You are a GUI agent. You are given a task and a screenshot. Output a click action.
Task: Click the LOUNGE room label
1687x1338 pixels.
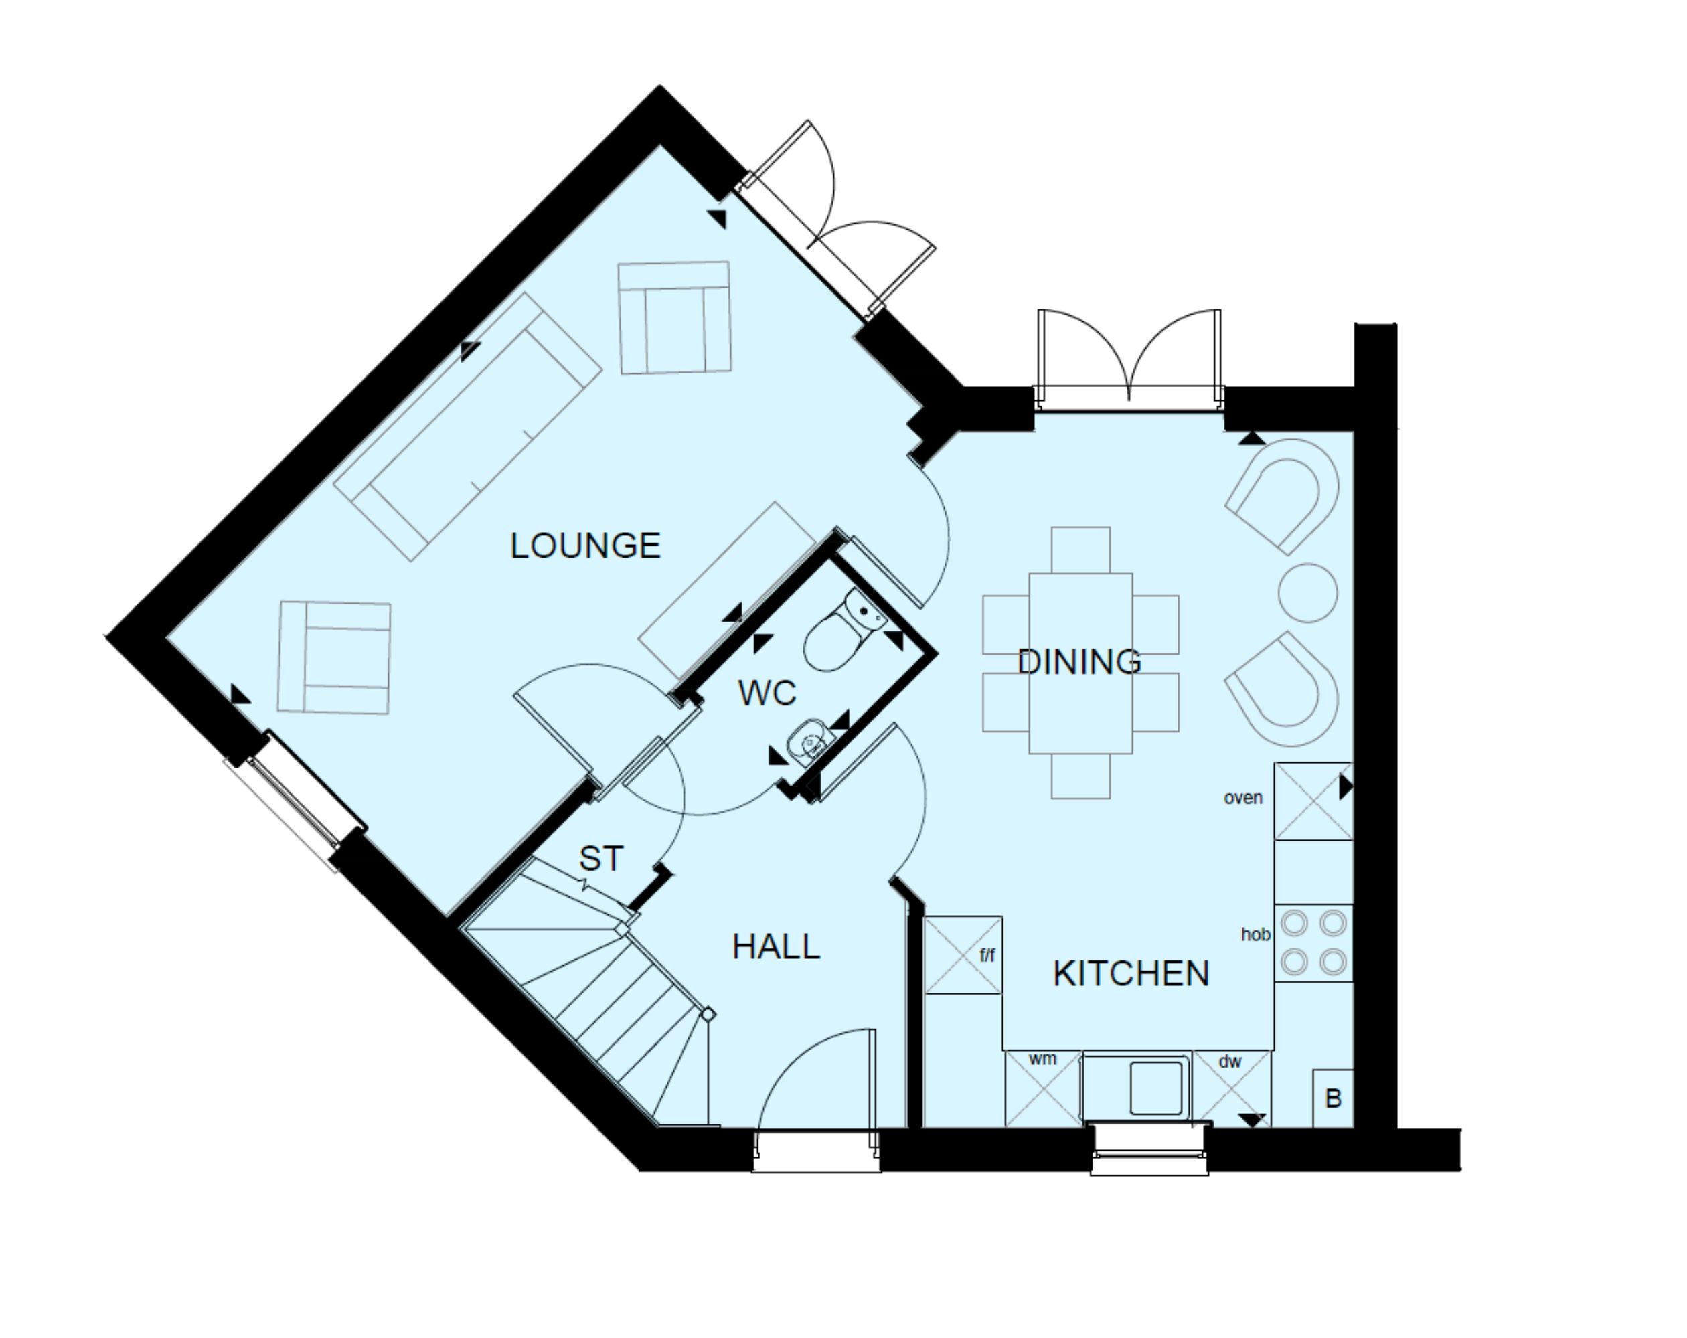(585, 546)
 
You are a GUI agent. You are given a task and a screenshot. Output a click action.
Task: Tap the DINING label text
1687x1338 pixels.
(1080, 662)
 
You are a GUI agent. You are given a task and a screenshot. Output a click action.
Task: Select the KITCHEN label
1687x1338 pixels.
(1131, 973)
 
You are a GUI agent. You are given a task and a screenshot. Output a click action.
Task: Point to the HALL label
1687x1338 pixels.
(776, 946)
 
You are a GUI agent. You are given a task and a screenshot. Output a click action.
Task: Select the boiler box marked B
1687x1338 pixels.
(1334, 1098)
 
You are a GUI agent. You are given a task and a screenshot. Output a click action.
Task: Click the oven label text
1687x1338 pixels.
(1243, 797)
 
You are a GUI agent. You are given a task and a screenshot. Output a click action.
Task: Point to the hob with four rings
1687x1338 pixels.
(1313, 943)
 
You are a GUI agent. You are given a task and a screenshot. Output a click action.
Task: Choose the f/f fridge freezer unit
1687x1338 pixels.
(963, 955)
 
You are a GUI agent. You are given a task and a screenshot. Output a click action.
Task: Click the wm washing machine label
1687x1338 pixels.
(1042, 1059)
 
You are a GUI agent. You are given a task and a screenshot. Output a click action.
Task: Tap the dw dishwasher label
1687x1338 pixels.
(1230, 1061)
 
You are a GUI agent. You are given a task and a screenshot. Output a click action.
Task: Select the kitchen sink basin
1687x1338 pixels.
(1155, 1088)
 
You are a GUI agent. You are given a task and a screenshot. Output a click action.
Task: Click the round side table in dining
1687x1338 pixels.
(1307, 592)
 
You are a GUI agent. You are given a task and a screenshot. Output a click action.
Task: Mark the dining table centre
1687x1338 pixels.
(1080, 663)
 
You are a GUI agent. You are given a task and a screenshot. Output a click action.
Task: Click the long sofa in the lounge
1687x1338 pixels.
(468, 426)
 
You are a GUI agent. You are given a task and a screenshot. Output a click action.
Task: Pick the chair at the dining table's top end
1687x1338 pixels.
(1080, 550)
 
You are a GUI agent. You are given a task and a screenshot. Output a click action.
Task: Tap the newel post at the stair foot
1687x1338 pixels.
(708, 1015)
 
